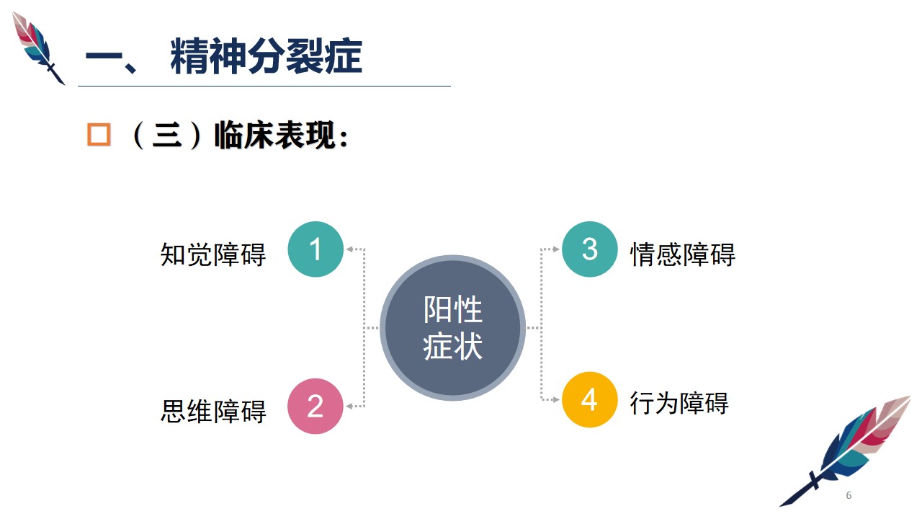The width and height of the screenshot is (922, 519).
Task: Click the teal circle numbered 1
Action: (x=315, y=249)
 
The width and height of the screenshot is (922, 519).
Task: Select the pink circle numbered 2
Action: (x=315, y=406)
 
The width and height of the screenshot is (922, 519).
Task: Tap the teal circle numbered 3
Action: (x=589, y=249)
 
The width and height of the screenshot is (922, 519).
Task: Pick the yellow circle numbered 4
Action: (x=589, y=399)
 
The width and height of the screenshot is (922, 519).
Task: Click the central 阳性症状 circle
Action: (x=452, y=327)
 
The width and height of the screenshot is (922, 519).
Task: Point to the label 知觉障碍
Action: (x=212, y=254)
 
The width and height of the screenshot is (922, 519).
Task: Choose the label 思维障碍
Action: (x=212, y=411)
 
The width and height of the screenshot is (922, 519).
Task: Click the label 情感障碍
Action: (x=683, y=254)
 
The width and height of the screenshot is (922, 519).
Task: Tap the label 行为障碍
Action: (x=679, y=403)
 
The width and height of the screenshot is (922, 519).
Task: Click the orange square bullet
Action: (x=99, y=135)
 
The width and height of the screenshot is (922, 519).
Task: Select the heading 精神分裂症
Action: (x=266, y=56)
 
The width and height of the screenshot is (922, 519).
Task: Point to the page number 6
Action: (x=849, y=495)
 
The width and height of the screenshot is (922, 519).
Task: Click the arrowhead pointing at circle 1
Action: (x=349, y=249)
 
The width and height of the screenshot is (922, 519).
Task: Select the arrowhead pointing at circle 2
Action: (x=349, y=406)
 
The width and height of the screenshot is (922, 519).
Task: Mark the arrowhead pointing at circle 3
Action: (x=555, y=249)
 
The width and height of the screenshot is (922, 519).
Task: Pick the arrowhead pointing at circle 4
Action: (x=555, y=399)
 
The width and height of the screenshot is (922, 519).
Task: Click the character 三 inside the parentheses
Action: (x=166, y=135)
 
